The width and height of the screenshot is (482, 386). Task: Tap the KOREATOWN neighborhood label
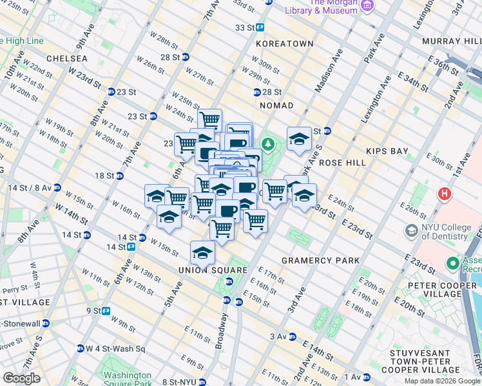pyautogui.click(x=284, y=44)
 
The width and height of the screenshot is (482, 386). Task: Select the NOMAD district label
pyautogui.click(x=276, y=105)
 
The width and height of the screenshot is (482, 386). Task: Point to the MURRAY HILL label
pyautogui.click(x=450, y=41)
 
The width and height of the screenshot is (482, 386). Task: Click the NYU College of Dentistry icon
pyautogui.click(x=411, y=230)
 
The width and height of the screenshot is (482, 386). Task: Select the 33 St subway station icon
pyautogui.click(x=260, y=28)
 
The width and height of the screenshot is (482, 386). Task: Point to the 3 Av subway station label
pyautogui.click(x=278, y=336)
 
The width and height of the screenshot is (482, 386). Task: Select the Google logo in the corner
pyautogui.click(x=21, y=378)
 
